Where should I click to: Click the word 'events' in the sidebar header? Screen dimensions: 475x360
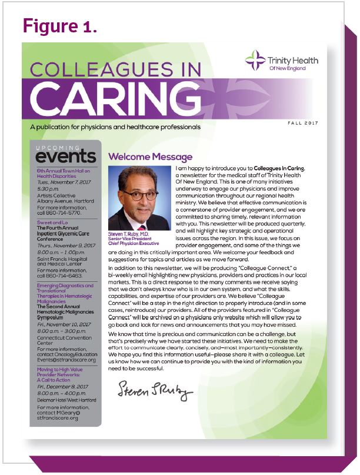65,157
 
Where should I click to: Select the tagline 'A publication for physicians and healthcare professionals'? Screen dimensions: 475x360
111,127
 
